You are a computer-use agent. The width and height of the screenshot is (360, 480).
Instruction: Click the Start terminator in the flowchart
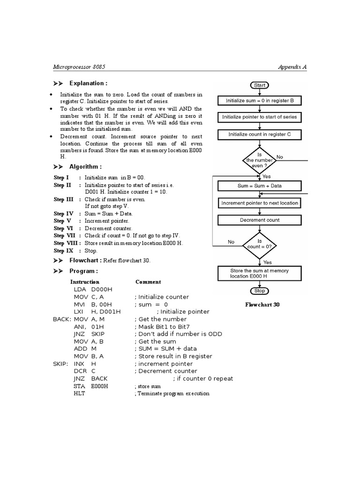point(259,85)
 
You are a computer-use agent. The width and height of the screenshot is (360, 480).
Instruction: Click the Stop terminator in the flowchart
point(259,291)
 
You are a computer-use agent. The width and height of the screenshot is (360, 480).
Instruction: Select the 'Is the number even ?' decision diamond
point(259,160)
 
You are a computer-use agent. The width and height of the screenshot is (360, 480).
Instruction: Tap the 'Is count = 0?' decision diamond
point(259,244)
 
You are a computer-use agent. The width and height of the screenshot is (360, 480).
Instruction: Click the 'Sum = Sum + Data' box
point(259,186)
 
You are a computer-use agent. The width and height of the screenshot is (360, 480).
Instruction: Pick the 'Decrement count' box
point(259,220)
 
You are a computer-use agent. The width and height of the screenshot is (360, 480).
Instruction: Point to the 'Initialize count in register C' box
point(259,135)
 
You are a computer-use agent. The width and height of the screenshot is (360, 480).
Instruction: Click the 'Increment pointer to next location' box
point(259,203)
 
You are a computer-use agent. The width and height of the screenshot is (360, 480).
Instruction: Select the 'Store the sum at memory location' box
point(259,274)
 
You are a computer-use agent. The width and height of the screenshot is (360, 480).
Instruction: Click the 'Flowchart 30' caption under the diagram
point(262,305)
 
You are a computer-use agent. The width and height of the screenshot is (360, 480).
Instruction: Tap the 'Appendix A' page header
point(292,67)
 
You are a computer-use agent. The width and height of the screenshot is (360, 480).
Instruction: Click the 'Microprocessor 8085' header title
point(79,67)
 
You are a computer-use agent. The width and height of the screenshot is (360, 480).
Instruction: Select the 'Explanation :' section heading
point(88,83)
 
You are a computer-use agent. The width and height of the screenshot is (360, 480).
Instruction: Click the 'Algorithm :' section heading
point(85,167)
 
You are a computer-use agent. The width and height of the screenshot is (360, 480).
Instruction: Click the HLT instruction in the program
point(79,393)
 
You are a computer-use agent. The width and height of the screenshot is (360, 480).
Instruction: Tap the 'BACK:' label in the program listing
point(62,319)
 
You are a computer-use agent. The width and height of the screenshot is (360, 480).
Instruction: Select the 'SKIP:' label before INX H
point(61,364)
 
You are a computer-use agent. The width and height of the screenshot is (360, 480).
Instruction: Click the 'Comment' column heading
point(148,282)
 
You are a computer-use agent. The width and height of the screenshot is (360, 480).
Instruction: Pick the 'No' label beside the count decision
point(231,242)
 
